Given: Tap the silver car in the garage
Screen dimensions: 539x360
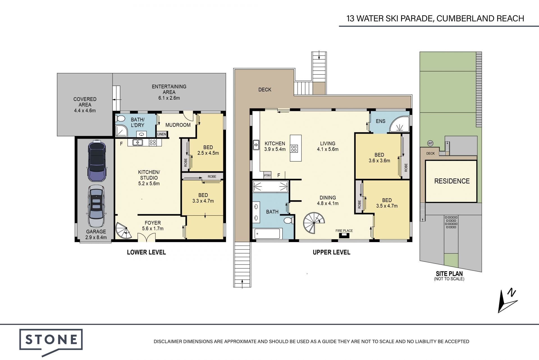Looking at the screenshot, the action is coord(96,206).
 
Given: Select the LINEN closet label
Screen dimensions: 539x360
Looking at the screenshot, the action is coord(162,134).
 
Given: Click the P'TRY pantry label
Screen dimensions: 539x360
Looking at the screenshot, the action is coord(267,176).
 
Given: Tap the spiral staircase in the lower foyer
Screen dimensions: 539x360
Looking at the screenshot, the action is coord(124,231).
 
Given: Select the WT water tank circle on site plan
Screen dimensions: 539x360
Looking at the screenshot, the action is coord(430,143).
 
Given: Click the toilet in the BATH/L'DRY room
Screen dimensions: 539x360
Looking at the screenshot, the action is coord(120,119).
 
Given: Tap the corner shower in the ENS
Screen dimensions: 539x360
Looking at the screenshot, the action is coord(399,125).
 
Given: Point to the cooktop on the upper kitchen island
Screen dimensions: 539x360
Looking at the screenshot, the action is coord(294,149).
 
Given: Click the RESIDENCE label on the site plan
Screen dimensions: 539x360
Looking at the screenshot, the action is coord(452,181).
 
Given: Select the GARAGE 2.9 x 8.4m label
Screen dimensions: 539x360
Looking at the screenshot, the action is coord(96,234).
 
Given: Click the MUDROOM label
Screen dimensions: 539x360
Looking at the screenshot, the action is coord(178,125).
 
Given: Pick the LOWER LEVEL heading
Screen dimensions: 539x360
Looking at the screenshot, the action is coord(146,252).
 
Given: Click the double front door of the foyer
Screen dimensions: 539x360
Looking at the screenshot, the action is coord(146,237).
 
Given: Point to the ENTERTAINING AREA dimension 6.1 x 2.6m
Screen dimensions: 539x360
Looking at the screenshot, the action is coord(169,98).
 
